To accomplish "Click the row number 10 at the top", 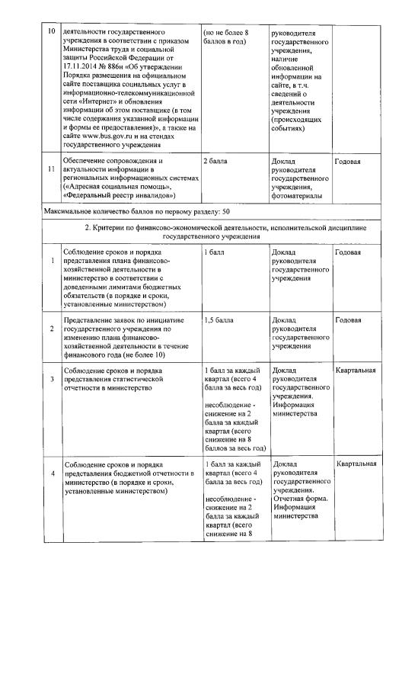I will click(52, 34).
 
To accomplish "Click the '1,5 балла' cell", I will click(219, 319).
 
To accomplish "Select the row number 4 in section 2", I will click(52, 473).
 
